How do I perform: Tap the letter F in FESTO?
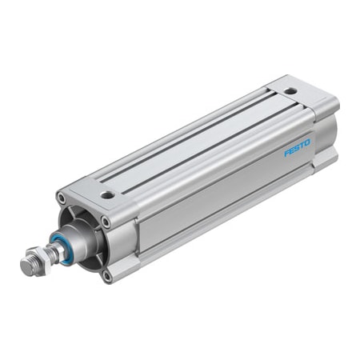point(286,154)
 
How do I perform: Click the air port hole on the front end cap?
point(106,194)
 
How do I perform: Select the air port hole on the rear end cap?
point(290,90)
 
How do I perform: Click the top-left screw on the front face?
point(61,197)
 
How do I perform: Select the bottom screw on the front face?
point(106,276)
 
